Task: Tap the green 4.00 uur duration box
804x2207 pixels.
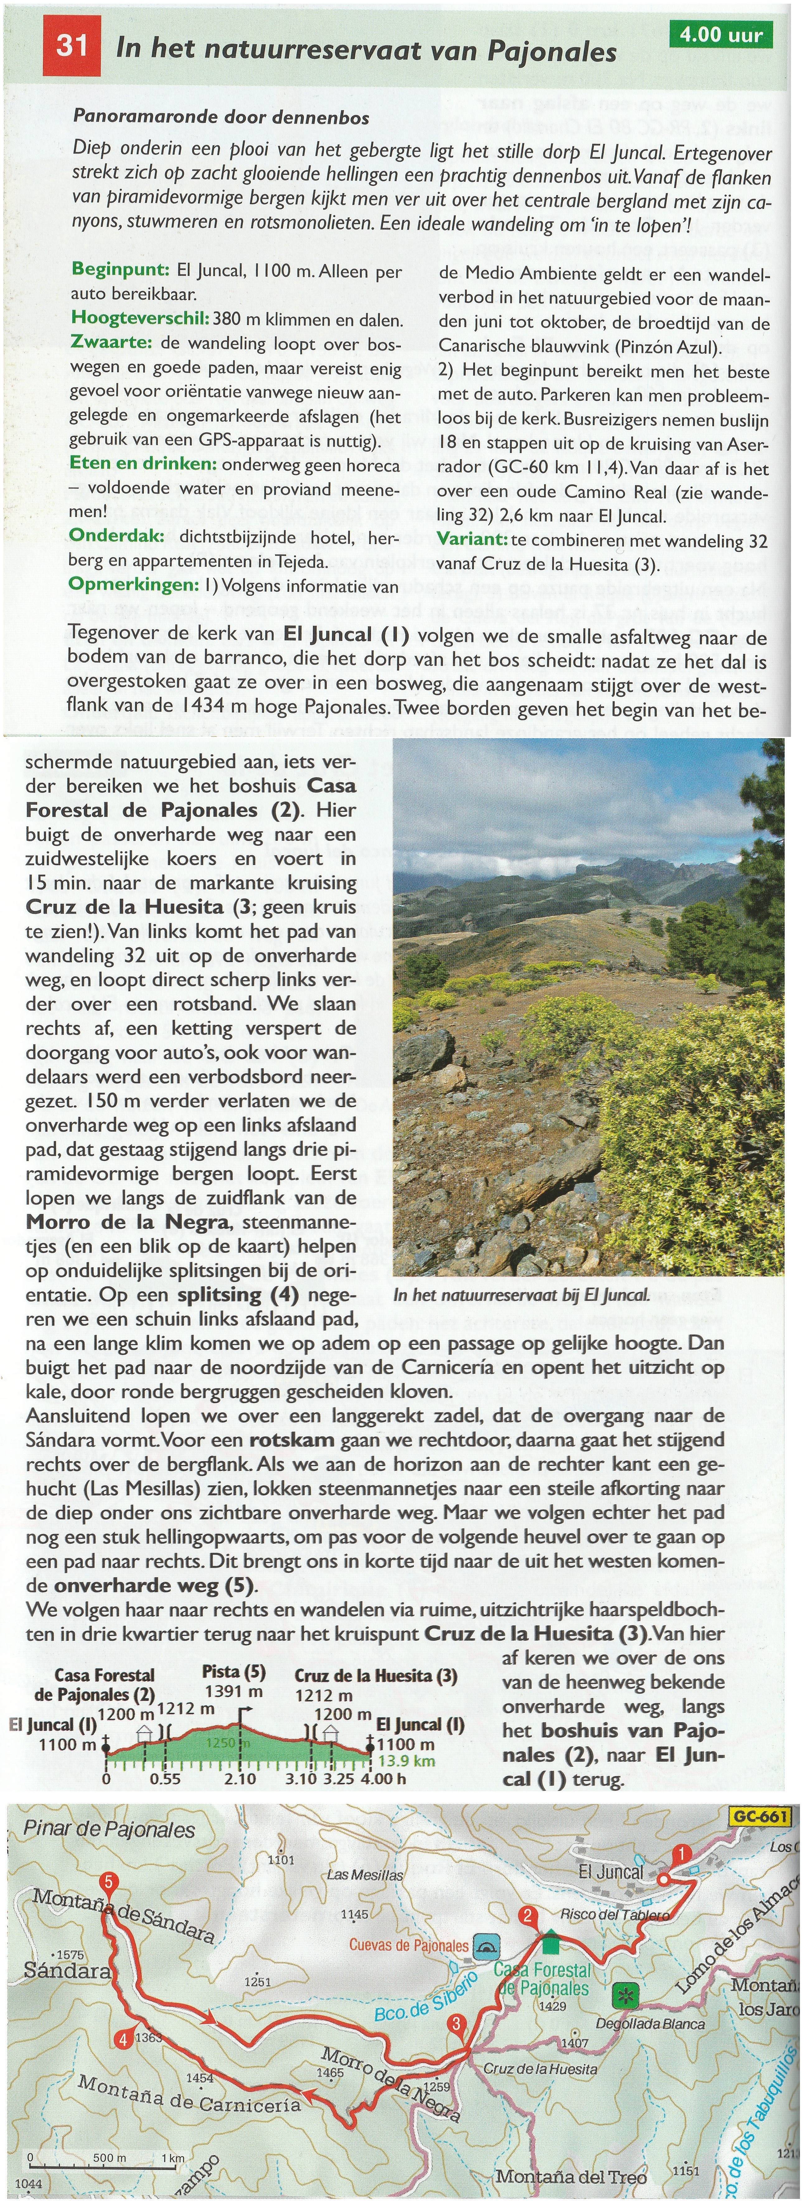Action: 721,35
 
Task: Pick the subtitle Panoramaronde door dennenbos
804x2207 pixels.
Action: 221,117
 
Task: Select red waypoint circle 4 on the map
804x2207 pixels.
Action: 124,2040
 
